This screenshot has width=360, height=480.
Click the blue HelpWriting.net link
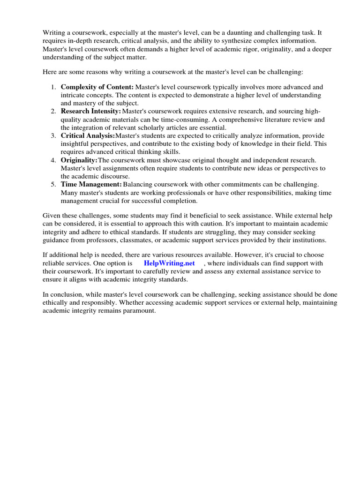pyautogui.click(x=169, y=263)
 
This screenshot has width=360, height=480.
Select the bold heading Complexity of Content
pyautogui.click(x=97, y=87)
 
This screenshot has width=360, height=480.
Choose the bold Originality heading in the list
pyautogui.click(x=79, y=160)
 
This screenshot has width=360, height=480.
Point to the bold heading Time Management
pyautogui.click(x=91, y=185)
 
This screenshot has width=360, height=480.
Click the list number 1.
pyautogui.click(x=53, y=87)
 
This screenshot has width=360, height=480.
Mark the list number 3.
pyautogui.click(x=53, y=136)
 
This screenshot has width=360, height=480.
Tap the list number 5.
pyautogui.click(x=53, y=185)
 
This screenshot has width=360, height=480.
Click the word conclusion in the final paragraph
pyautogui.click(x=66, y=295)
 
